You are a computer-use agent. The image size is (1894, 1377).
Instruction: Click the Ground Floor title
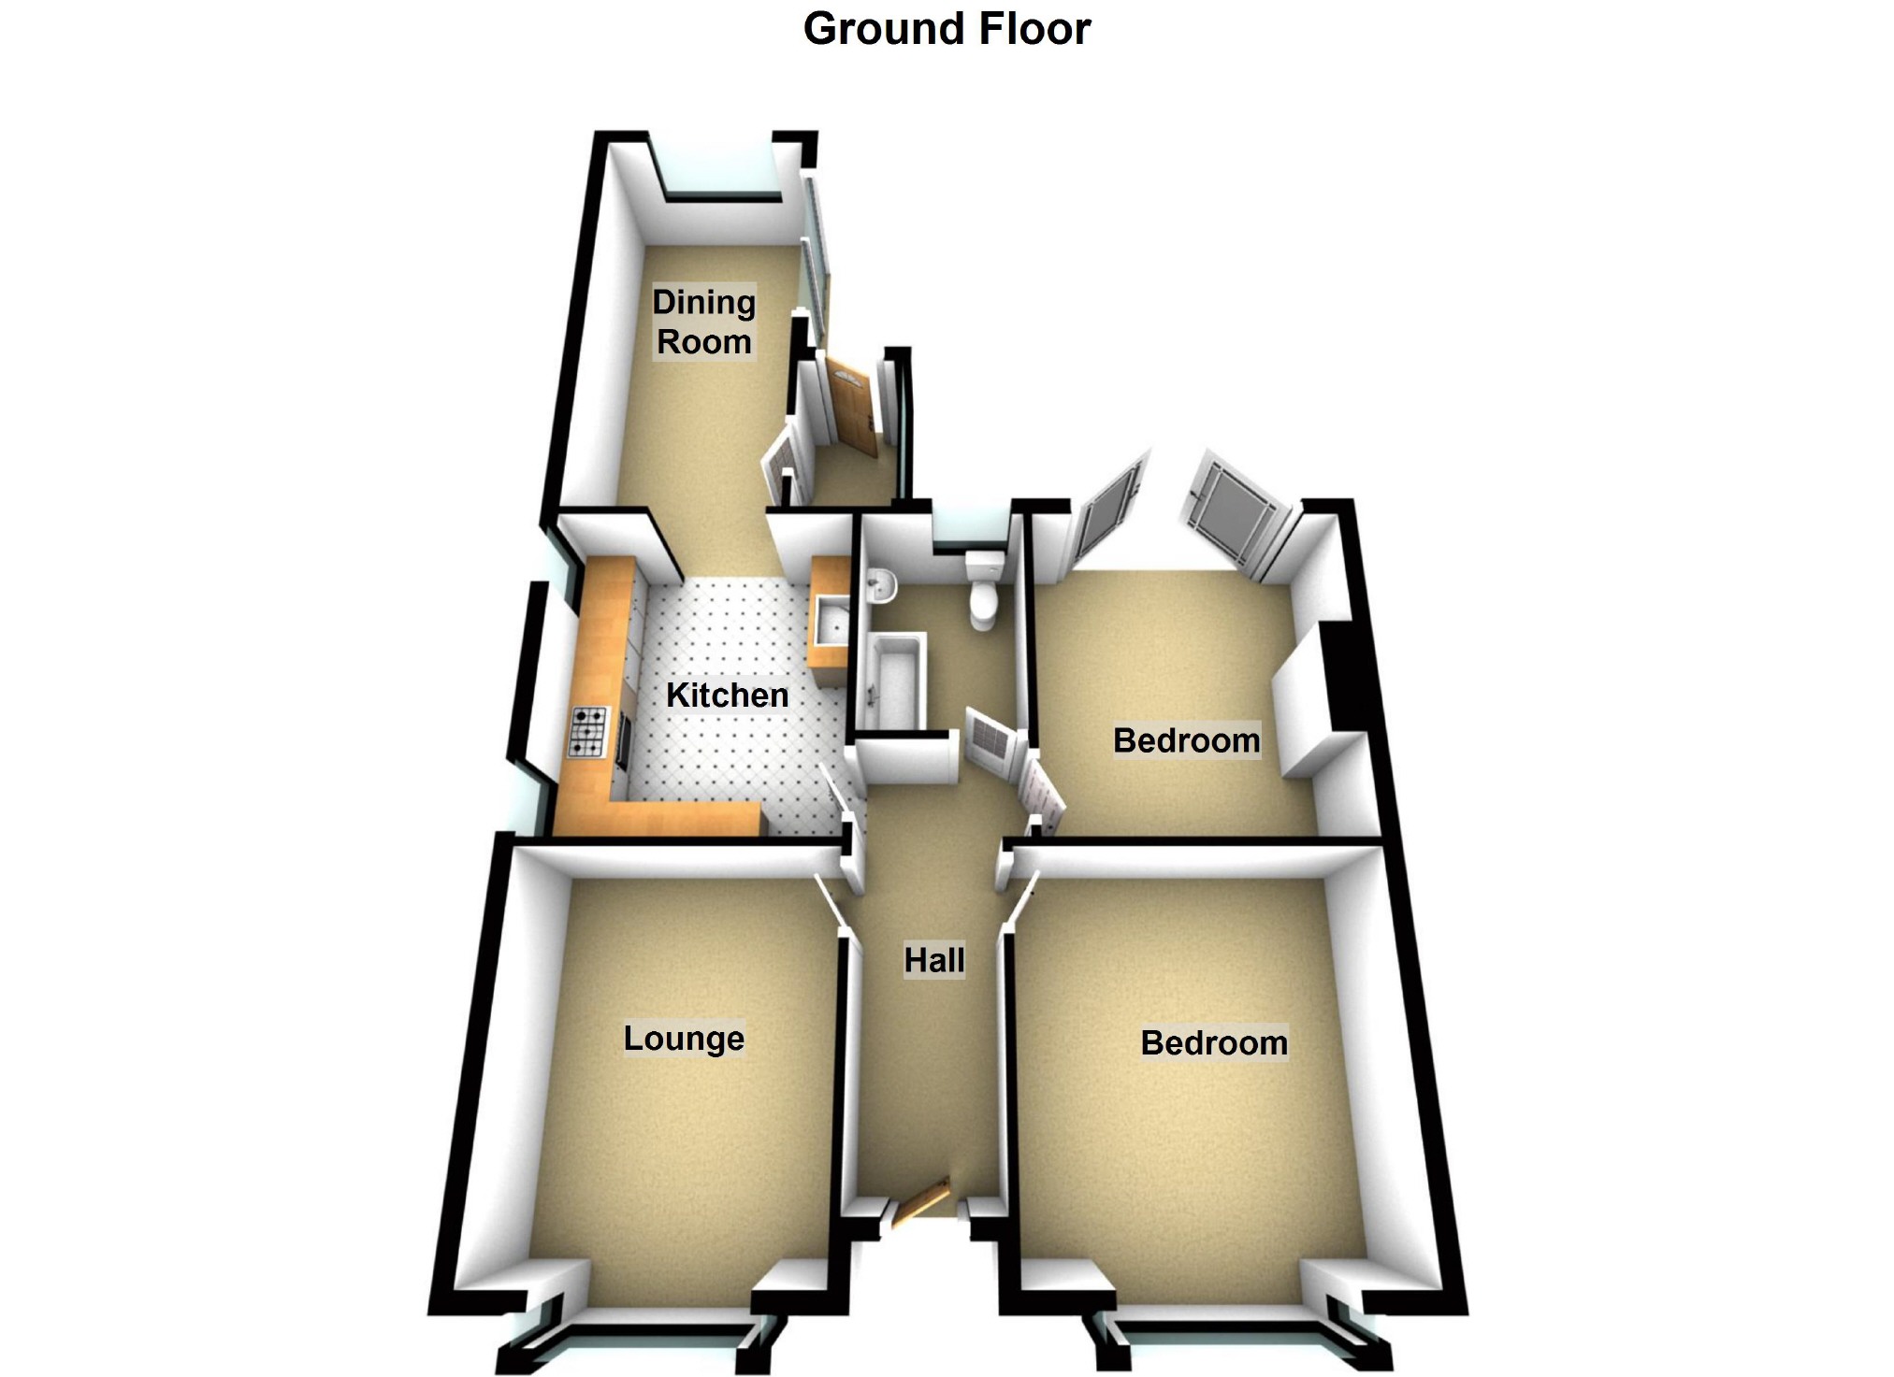[x=947, y=29]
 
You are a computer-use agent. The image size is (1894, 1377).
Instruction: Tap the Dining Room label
[x=703, y=322]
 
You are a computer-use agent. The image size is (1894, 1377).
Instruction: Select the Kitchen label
[x=727, y=695]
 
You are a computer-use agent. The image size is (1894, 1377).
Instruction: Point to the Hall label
[x=933, y=960]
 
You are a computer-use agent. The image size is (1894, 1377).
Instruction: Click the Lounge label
[x=684, y=1038]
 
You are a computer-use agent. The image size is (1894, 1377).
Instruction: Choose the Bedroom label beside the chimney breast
[x=1186, y=740]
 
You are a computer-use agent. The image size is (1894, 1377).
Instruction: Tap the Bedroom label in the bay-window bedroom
[x=1214, y=1042]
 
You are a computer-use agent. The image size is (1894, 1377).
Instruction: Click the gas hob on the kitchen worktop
[x=588, y=732]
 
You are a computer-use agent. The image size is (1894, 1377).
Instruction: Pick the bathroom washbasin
[x=880, y=586]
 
